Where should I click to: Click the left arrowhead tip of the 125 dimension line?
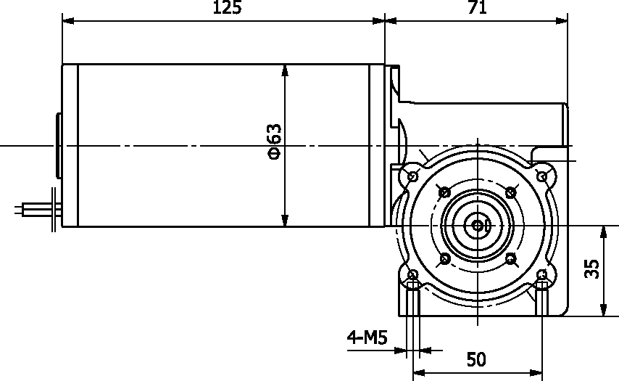point(62,20)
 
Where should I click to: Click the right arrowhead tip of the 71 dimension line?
point(568,20)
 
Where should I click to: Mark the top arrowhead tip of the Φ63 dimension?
point(286,65)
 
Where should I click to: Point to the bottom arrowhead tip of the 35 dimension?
point(603,316)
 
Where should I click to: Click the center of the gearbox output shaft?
point(478,226)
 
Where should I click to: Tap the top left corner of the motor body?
point(62,65)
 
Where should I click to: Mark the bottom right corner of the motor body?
point(384,227)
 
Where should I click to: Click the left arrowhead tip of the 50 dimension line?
point(413,372)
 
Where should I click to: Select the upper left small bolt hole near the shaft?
point(445,192)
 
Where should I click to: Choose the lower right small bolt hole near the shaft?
point(511,259)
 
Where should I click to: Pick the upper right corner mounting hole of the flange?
point(543,176)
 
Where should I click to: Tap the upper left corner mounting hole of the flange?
point(413,176)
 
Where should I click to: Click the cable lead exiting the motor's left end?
point(38,209)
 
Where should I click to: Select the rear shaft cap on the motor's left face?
point(59,146)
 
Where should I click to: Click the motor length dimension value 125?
point(227,7)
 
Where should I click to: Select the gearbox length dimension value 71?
point(477,7)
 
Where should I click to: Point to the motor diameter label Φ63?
point(275,141)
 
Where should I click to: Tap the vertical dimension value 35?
point(591,269)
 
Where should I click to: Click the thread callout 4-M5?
point(367,337)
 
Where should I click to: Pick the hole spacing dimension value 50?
point(476,359)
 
